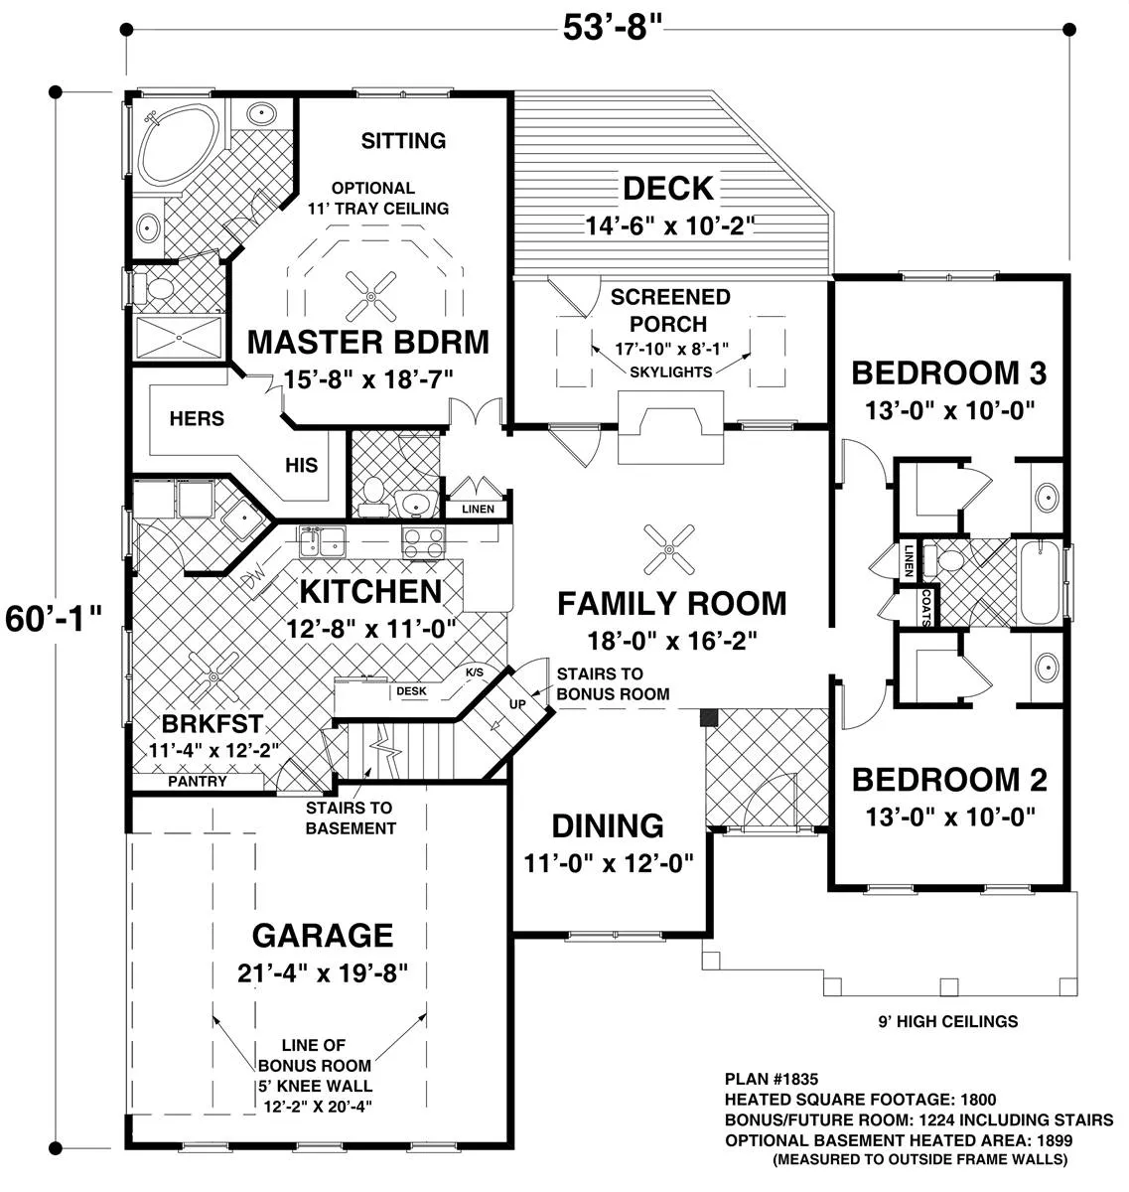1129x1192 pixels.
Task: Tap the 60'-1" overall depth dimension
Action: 54,619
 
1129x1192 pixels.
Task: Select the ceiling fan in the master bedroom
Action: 370,296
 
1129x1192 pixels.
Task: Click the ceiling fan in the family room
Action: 669,549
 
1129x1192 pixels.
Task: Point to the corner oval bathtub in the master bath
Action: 179,149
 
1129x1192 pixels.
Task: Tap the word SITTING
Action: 403,141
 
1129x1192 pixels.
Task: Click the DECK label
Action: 668,188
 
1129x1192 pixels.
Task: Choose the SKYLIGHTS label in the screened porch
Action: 670,372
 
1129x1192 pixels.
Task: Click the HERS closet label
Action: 197,418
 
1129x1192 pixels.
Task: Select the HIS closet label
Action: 301,465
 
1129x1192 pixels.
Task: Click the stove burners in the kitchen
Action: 423,542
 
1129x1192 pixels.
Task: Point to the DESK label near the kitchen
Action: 411,691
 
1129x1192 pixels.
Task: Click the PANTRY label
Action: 197,782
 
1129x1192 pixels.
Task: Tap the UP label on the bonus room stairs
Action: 517,704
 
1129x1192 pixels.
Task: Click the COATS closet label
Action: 925,606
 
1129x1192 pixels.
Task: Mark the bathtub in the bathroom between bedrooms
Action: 1040,583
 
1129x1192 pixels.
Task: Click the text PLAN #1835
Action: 772,1079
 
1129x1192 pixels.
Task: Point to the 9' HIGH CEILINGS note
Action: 947,1021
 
